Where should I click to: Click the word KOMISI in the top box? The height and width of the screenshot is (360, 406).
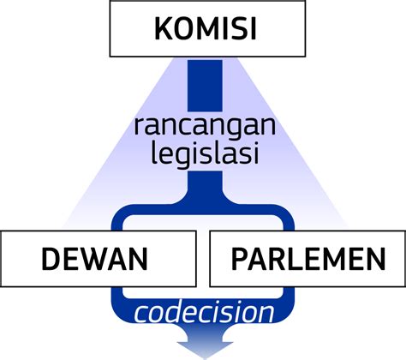pos(206,29)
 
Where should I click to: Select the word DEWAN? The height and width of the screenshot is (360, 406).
pos(95,259)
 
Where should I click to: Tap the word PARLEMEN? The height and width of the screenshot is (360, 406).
pos(308,259)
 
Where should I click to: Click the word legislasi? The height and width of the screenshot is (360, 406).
pos(205,154)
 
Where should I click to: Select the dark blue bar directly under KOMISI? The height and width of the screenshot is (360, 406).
pos(205,86)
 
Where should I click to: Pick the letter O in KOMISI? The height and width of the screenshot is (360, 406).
pos(183,29)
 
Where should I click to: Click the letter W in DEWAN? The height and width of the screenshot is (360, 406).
pos(97,259)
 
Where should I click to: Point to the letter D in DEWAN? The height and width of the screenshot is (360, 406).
pos(51,259)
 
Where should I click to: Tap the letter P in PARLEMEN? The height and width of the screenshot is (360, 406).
pos(240,259)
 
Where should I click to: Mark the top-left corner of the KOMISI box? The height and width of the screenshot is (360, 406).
pos(110,1)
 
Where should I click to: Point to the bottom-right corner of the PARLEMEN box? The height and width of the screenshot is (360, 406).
pos(405,286)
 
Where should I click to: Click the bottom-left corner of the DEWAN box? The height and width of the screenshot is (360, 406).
pos(1,286)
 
